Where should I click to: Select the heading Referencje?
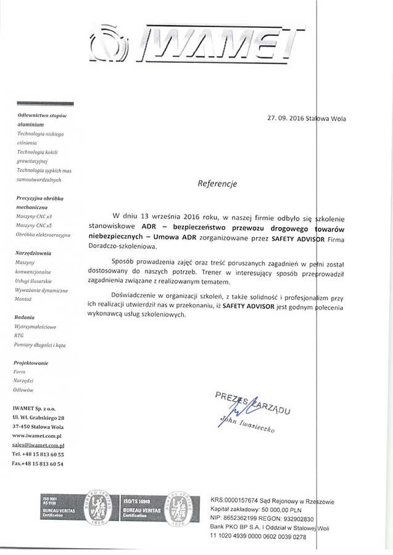[x=217, y=183]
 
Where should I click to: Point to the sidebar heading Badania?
[x=25, y=316]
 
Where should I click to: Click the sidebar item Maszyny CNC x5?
[x=35, y=226]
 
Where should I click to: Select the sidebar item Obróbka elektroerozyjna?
[x=43, y=235]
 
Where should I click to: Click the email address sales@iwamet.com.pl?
[x=38, y=444]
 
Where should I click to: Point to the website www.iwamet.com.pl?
[x=38, y=435]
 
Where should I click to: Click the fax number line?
[x=38, y=463]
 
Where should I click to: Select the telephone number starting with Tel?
[x=38, y=454]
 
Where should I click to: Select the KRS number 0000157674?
[x=247, y=501]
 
